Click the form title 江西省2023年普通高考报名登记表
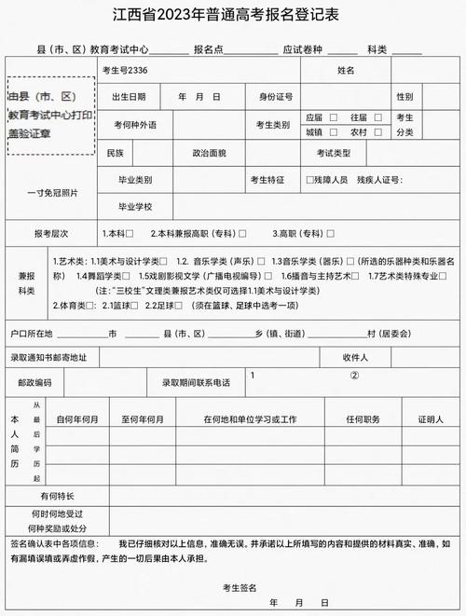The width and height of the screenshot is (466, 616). point(232,15)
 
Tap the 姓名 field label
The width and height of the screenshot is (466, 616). point(347,70)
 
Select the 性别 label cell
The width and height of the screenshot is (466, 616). point(404,97)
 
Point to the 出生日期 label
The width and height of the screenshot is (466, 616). point(129,97)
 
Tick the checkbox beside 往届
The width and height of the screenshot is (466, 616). point(372,118)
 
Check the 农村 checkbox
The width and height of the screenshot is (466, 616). point(372,132)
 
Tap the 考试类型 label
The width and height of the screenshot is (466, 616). point(334,152)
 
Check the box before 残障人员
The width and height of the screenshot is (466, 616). point(310,179)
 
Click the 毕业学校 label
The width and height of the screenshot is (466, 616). point(134,206)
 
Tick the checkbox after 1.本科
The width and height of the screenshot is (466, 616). point(130,233)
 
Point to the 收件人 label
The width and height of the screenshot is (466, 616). point(355,357)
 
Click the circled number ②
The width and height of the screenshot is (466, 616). point(354,376)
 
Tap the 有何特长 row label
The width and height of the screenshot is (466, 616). point(58,496)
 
